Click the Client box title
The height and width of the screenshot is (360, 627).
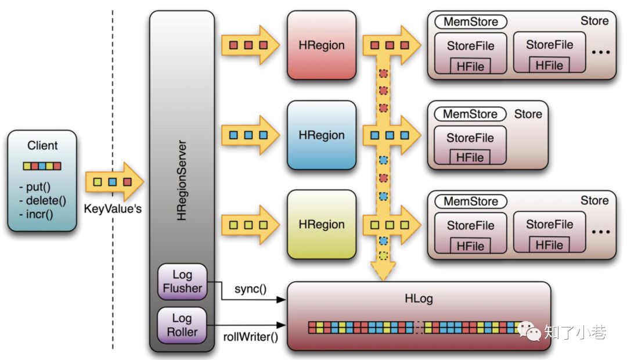click(42, 145)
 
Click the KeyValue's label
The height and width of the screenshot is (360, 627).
click(113, 209)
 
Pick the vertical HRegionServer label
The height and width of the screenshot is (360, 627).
click(182, 181)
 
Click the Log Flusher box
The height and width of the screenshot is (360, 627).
click(182, 282)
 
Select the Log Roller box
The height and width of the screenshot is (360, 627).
click(182, 325)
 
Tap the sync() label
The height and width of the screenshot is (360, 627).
click(250, 289)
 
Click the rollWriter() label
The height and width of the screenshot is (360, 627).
click(250, 337)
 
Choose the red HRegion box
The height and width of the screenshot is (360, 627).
click(322, 45)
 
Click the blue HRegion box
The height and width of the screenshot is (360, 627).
click(322, 135)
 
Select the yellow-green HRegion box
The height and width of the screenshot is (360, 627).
click(322, 224)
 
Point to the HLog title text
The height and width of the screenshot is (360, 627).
click(419, 298)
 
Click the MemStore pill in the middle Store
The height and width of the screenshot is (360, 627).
click(470, 114)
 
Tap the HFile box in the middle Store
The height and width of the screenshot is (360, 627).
click(470, 157)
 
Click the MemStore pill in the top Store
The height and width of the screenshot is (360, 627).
click(471, 21)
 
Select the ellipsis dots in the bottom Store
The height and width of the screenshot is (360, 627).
click(601, 232)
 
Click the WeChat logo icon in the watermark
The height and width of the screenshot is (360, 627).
click(529, 331)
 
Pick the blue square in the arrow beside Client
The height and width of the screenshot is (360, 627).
click(113, 182)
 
